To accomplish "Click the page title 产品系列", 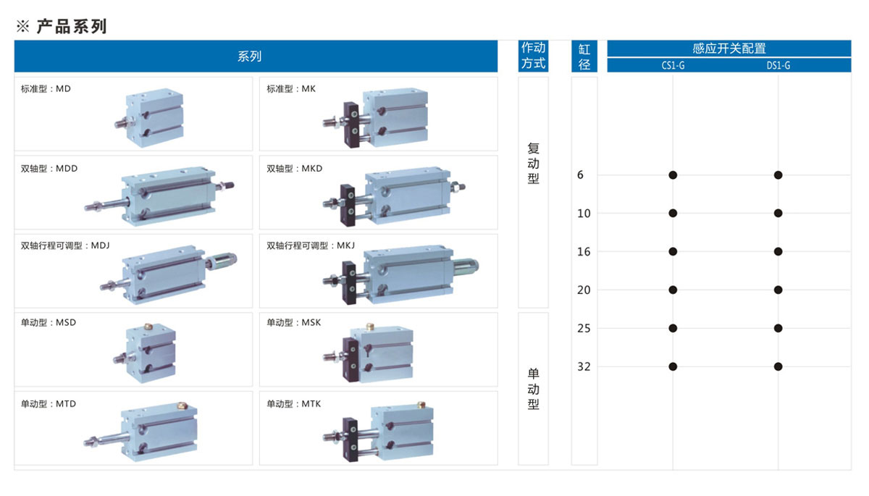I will (70, 27).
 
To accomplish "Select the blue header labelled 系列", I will (249, 56).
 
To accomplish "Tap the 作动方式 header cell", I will (534, 56).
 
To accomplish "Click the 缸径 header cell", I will (584, 56).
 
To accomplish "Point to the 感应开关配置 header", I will (729, 49).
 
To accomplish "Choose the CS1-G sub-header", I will (673, 66).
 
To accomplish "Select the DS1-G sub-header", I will (778, 66).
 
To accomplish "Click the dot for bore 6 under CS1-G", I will (673, 175).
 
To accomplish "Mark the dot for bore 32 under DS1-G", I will (778, 366).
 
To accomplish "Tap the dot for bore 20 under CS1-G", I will (673, 290).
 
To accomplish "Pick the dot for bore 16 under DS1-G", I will (778, 251).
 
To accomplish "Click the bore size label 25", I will (584, 328).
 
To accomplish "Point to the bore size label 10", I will (584, 213).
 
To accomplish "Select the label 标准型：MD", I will (46, 89).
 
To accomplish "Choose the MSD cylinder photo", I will (145, 351).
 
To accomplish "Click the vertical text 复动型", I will (534, 163).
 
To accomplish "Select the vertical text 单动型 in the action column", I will (534, 389).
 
